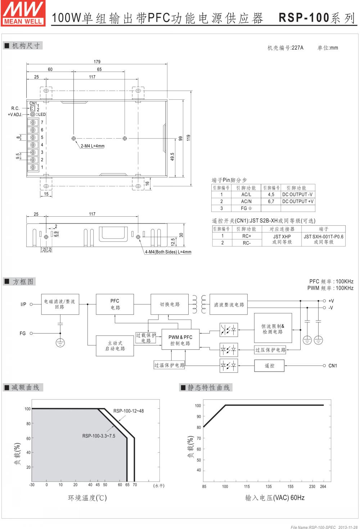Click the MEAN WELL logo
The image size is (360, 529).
[x=23, y=13]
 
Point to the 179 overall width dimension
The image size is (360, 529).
[x=97, y=62]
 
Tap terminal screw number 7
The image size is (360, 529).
[x=33, y=122]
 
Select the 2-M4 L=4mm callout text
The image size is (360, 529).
[x=93, y=146]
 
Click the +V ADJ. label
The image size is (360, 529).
[x=15, y=114]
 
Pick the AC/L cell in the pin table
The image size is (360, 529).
[x=246, y=194]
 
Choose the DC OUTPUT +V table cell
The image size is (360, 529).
[x=298, y=201]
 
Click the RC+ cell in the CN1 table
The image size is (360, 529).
[x=247, y=236]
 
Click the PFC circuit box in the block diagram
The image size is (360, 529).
[x=115, y=304]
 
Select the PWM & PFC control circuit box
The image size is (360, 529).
[x=180, y=340]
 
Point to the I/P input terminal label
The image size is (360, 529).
[x=23, y=304]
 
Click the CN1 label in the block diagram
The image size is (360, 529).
[x=333, y=366]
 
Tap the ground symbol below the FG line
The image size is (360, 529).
[x=60, y=343]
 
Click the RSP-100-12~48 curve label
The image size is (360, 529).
[x=129, y=411]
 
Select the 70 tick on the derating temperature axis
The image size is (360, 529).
[x=135, y=485]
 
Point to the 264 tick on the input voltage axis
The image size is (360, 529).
[x=323, y=487]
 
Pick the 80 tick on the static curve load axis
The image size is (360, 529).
[x=199, y=428]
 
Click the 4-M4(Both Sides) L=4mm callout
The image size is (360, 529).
[x=168, y=252]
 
